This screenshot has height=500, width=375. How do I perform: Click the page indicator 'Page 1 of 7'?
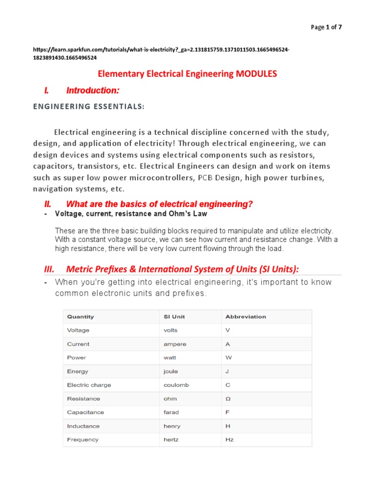click(x=326, y=27)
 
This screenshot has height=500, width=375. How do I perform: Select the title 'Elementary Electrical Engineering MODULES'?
click(x=187, y=74)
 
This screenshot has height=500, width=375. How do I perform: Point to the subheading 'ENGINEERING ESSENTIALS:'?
click(x=89, y=107)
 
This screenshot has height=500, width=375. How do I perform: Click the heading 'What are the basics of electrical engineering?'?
click(x=159, y=204)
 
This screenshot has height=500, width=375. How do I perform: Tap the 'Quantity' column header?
click(x=80, y=316)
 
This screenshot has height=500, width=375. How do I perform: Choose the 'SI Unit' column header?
click(x=174, y=316)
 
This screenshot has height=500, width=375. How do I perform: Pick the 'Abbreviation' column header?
click(x=246, y=316)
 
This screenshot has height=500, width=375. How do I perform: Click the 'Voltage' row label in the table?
click(x=78, y=330)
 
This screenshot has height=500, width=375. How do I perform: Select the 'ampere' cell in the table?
click(x=175, y=344)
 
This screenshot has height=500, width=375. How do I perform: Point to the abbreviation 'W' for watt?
click(x=228, y=357)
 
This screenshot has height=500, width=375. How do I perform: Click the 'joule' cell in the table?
click(x=171, y=371)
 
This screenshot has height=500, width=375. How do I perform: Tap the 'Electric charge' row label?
click(x=89, y=385)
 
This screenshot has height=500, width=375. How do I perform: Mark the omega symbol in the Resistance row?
click(x=228, y=398)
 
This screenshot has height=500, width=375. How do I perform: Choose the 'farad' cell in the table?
click(x=171, y=412)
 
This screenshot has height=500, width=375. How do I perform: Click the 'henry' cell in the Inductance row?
click(x=172, y=426)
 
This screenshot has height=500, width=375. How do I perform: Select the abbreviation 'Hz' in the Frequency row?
click(x=229, y=439)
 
